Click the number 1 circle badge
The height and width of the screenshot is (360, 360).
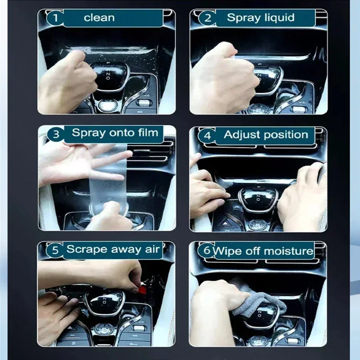pyautogui.click(x=55, y=18)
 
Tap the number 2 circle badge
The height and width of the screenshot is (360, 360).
pyautogui.click(x=208, y=18)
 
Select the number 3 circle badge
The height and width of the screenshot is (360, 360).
pyautogui.click(x=56, y=134)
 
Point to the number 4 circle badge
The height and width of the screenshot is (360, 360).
pyautogui.click(x=207, y=135)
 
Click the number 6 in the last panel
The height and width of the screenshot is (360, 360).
pyautogui.click(x=207, y=250)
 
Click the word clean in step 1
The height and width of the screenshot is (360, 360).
pyautogui.click(x=99, y=18)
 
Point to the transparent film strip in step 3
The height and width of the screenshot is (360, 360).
pyautogui.click(x=108, y=179)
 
